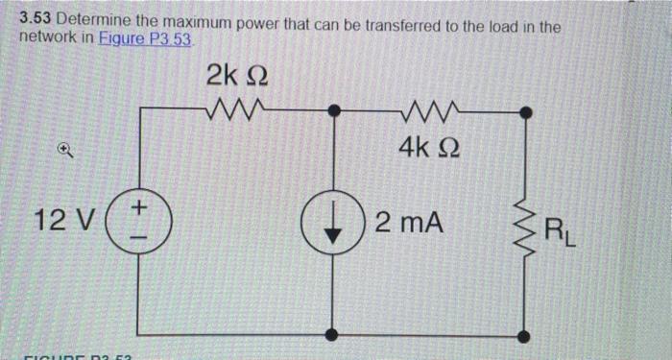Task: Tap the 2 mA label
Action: pos(410,224)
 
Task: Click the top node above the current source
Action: pos(332,111)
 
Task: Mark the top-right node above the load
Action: pos(524,111)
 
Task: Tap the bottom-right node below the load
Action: pos(524,336)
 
